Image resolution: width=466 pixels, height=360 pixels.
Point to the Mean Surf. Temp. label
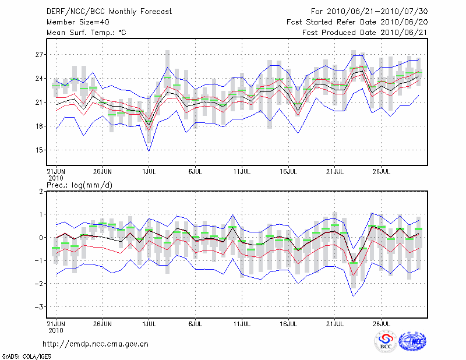coord(86,33)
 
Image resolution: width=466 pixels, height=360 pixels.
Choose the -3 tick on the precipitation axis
coord(40,306)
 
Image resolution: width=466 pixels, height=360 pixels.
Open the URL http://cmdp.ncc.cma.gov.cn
coord(96,344)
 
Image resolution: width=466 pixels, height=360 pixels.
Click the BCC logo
coord(385,342)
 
